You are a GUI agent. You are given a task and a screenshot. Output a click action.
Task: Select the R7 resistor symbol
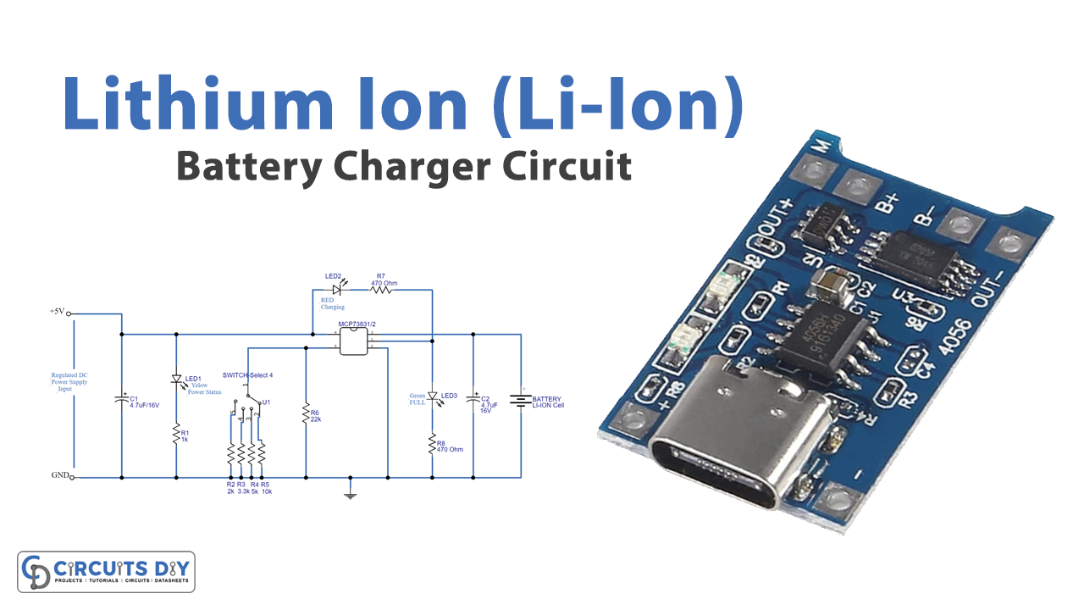tap(382, 289)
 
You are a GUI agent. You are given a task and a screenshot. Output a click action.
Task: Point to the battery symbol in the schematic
tap(519, 400)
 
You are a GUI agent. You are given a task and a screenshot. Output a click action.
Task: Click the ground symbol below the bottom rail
tap(351, 493)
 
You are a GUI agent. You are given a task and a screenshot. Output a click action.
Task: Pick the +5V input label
tap(58, 312)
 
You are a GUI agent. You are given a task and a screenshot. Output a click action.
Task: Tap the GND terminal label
tap(59, 476)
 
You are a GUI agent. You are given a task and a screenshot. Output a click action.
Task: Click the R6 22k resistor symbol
tap(306, 414)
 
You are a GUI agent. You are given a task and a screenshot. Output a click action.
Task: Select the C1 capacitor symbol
tap(122, 398)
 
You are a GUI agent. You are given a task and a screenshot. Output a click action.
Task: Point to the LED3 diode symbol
tap(432, 396)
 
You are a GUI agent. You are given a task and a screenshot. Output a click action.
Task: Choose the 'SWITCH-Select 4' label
tap(247, 374)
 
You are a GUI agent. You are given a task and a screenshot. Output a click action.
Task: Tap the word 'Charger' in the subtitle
tap(410, 166)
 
